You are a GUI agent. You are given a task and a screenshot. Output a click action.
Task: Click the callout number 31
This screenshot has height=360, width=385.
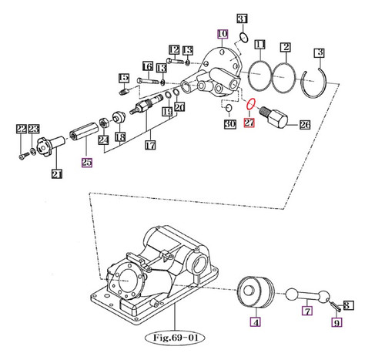241,19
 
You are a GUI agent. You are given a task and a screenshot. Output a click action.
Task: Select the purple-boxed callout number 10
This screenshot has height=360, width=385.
223,34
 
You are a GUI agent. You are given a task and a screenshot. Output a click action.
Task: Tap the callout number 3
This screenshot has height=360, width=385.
318,52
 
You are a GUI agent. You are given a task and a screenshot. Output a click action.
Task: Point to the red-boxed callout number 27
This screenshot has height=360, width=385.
249,123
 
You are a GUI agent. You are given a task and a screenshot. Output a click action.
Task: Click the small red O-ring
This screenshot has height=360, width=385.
250,104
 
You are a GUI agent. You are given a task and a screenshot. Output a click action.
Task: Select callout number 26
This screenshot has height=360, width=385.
304,124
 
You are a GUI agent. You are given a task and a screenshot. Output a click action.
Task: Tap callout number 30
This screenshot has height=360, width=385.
229,123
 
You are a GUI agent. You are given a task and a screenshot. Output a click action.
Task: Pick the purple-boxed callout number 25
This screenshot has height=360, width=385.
86,163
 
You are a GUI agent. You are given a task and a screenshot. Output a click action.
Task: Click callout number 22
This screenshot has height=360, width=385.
21,129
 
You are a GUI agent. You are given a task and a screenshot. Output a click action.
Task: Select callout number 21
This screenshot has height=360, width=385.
55,173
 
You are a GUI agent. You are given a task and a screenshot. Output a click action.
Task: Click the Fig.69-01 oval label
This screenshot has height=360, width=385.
176,337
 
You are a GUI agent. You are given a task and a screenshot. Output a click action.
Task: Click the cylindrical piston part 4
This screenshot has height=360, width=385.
256,293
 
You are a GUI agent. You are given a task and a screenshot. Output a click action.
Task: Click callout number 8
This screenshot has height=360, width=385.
347,305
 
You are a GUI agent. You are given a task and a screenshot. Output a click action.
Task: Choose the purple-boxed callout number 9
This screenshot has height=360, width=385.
336,323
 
